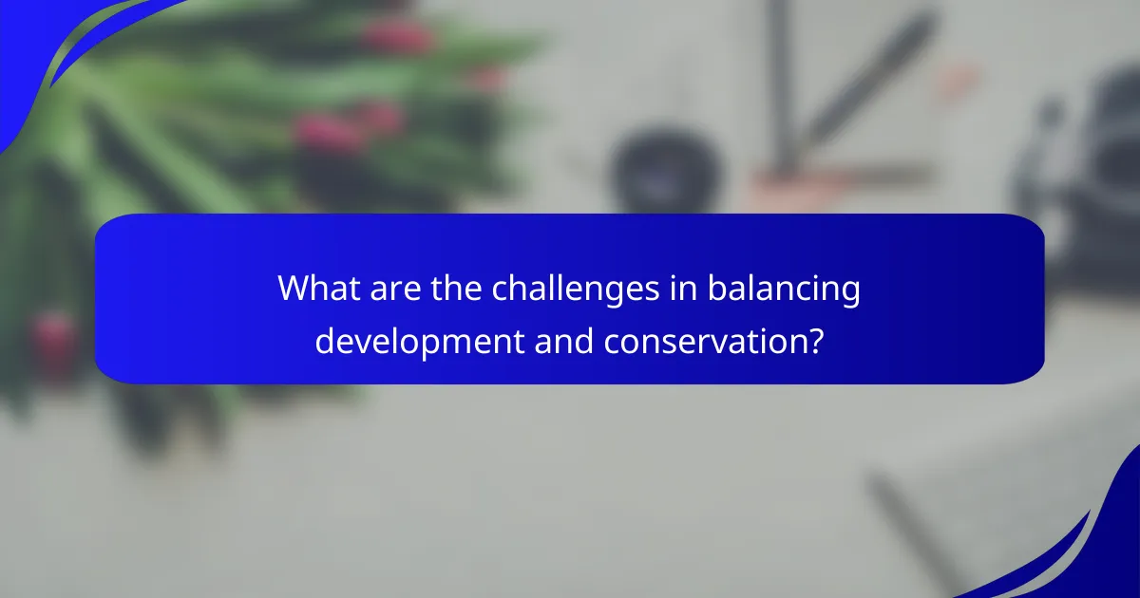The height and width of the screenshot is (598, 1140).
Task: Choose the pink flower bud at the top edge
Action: click(x=399, y=36)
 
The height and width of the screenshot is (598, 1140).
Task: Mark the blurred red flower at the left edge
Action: click(x=52, y=337)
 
